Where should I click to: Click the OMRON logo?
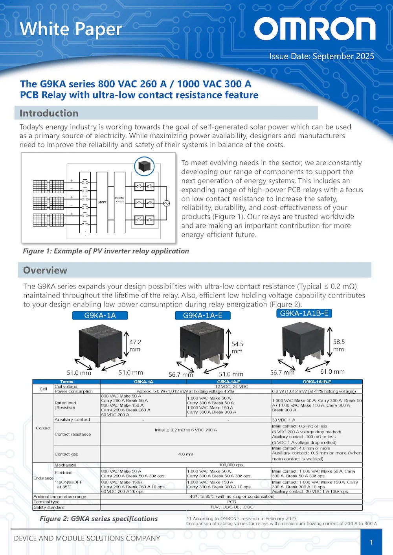pyautogui.click(x=314, y=29)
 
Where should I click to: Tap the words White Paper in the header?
pyautogui.click(x=71, y=29)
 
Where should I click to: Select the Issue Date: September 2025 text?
pyautogui.click(x=321, y=56)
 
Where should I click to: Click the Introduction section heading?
pyautogui.click(x=49, y=113)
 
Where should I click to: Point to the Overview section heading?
pyautogui.click(x=45, y=270)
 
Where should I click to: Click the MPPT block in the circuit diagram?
pyautogui.click(x=102, y=202)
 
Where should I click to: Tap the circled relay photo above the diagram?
pyautogui.click(x=144, y=166)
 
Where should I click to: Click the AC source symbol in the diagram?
pyautogui.click(x=166, y=203)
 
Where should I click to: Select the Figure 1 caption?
pyautogui.click(x=106, y=251)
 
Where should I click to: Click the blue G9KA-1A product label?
pyautogui.click(x=100, y=316)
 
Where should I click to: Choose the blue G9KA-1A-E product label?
pyautogui.click(x=203, y=316)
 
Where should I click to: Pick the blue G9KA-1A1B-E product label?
pyautogui.click(x=304, y=313)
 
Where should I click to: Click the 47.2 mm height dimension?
pyautogui.click(x=135, y=346)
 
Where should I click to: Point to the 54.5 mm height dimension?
pyautogui.click(x=237, y=347)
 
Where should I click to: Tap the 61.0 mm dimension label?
pyautogui.click(x=332, y=372)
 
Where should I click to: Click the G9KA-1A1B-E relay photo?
pyautogui.click(x=301, y=341)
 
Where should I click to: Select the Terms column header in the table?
pyautogui.click(x=66, y=382)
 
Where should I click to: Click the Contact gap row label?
pyautogui.click(x=66, y=454)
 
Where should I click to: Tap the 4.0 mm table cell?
pyautogui.click(x=185, y=454)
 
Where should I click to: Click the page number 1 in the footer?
pyautogui.click(x=371, y=542)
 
